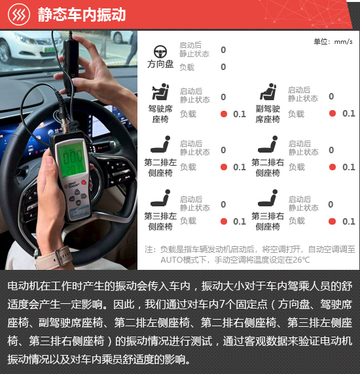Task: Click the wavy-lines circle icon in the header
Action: click(19, 14)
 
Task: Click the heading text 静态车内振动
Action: click(82, 14)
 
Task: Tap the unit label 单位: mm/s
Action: click(333, 42)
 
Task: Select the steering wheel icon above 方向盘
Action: click(160, 52)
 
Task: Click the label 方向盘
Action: click(160, 64)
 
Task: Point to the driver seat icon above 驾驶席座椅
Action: click(160, 92)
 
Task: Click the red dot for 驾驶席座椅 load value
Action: click(224, 114)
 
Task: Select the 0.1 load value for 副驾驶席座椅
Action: click(349, 113)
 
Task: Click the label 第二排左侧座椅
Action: click(160, 168)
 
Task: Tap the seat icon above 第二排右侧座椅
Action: click(268, 144)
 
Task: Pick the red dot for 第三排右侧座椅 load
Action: click(332, 221)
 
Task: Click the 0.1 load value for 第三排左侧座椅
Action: click(240, 221)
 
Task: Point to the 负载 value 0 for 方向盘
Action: click(223, 67)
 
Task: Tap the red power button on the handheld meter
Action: click(83, 183)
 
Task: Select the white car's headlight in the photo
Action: click(26, 39)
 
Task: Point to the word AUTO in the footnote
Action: click(171, 260)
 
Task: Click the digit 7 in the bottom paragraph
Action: click(222, 304)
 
